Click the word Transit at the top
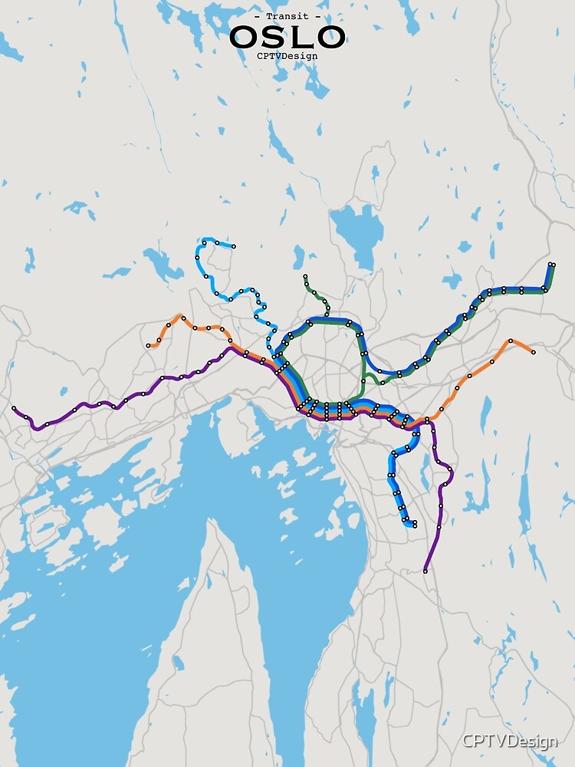pyautogui.click(x=287, y=16)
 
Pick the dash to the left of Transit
pyautogui.click(x=257, y=16)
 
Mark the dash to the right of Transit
pyautogui.click(x=318, y=16)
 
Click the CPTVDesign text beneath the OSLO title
pyautogui.click(x=287, y=55)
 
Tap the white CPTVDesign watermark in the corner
pyautogui.click(x=509, y=742)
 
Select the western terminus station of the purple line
pyautogui.click(x=14, y=409)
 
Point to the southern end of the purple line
pyautogui.click(x=426, y=571)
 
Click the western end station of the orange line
pyautogui.click(x=149, y=346)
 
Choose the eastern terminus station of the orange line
pyautogui.click(x=533, y=352)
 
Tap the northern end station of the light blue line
pyautogui.click(x=233, y=247)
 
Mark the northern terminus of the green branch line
pyautogui.click(x=305, y=276)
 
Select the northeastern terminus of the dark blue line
pyautogui.click(x=552, y=265)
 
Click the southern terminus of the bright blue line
pyautogui.click(x=414, y=525)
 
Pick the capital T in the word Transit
pyautogui.click(x=269, y=16)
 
